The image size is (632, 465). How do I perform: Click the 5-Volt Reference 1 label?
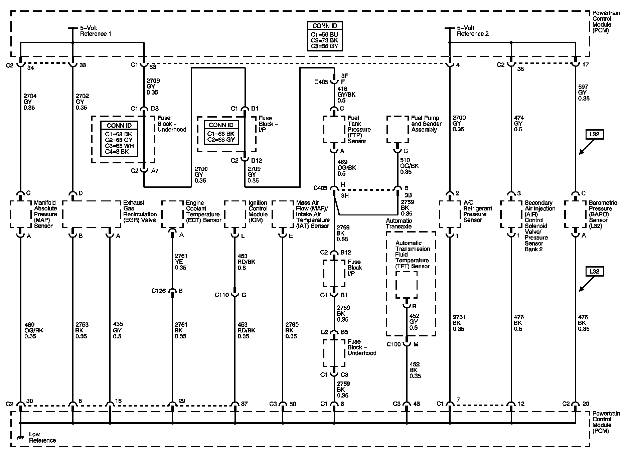tap(95, 31)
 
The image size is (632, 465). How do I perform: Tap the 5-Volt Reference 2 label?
tap(473, 31)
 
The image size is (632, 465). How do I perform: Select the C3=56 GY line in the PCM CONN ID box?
tap(325, 46)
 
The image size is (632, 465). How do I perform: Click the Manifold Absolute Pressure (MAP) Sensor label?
tap(45, 214)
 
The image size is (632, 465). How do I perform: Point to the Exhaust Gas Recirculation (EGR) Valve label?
tap(140, 211)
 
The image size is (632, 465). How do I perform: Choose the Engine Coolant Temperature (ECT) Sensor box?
tap(172, 214)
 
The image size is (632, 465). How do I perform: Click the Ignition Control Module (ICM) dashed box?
tap(235, 214)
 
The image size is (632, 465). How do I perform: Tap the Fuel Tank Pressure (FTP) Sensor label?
tap(359, 129)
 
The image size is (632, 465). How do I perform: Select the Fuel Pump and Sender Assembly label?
tap(426, 124)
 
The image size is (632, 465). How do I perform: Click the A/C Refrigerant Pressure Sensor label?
tap(478, 211)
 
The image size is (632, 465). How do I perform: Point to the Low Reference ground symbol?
tap(21, 436)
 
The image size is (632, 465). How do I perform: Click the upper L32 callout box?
tap(595, 135)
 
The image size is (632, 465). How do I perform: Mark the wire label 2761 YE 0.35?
tap(181, 262)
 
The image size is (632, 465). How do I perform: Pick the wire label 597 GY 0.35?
tap(584, 93)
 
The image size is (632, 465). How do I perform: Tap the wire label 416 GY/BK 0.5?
tap(346, 95)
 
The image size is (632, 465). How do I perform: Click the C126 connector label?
tap(159, 291)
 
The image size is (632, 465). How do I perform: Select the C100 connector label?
tap(393, 344)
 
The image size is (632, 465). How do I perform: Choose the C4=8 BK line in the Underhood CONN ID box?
tap(119, 151)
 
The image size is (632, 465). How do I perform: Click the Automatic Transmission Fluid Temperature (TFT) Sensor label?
tap(412, 255)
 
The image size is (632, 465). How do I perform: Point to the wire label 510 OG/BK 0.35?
tap(409, 166)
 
